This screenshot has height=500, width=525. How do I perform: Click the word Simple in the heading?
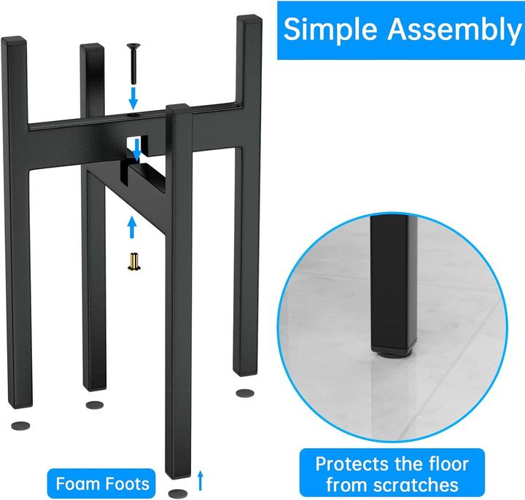click(330, 30)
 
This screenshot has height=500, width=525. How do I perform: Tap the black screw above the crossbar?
click(133, 63)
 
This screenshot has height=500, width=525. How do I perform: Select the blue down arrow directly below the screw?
click(133, 98)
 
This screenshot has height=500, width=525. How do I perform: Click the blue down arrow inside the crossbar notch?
click(137, 149)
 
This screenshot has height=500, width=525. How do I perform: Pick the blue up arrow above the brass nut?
click(132, 227)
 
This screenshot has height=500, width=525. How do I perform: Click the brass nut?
click(134, 262)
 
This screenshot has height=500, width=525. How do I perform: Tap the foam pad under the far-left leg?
click(20, 426)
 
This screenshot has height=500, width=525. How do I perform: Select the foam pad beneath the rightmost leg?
click(245, 393)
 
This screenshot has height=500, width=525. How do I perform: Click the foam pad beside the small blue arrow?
click(177, 493)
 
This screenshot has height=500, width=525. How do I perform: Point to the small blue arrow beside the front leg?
click(201, 480)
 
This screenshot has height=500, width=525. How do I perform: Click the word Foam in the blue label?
click(74, 484)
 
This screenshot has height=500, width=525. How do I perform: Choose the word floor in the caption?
click(448, 464)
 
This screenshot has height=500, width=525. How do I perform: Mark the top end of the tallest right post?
click(249, 17)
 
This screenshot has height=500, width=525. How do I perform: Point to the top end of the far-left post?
click(13, 38)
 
